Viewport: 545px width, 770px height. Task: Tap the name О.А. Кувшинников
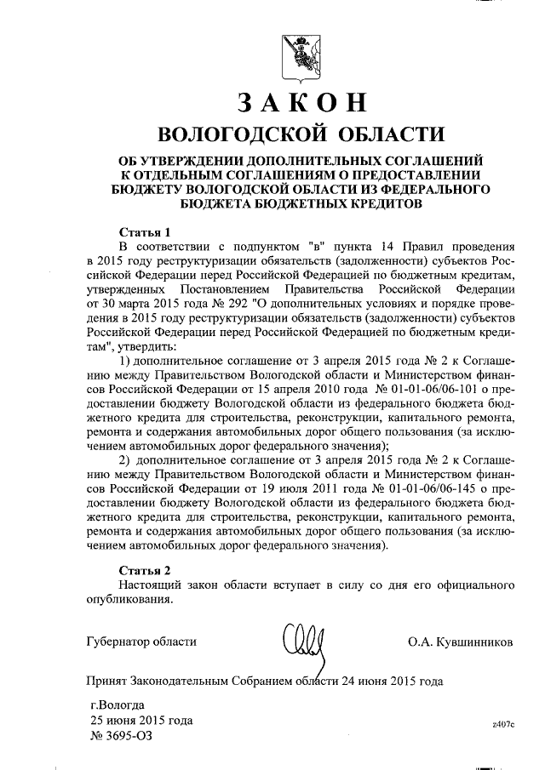[461, 642]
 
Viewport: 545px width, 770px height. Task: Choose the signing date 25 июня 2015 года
[141, 721]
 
